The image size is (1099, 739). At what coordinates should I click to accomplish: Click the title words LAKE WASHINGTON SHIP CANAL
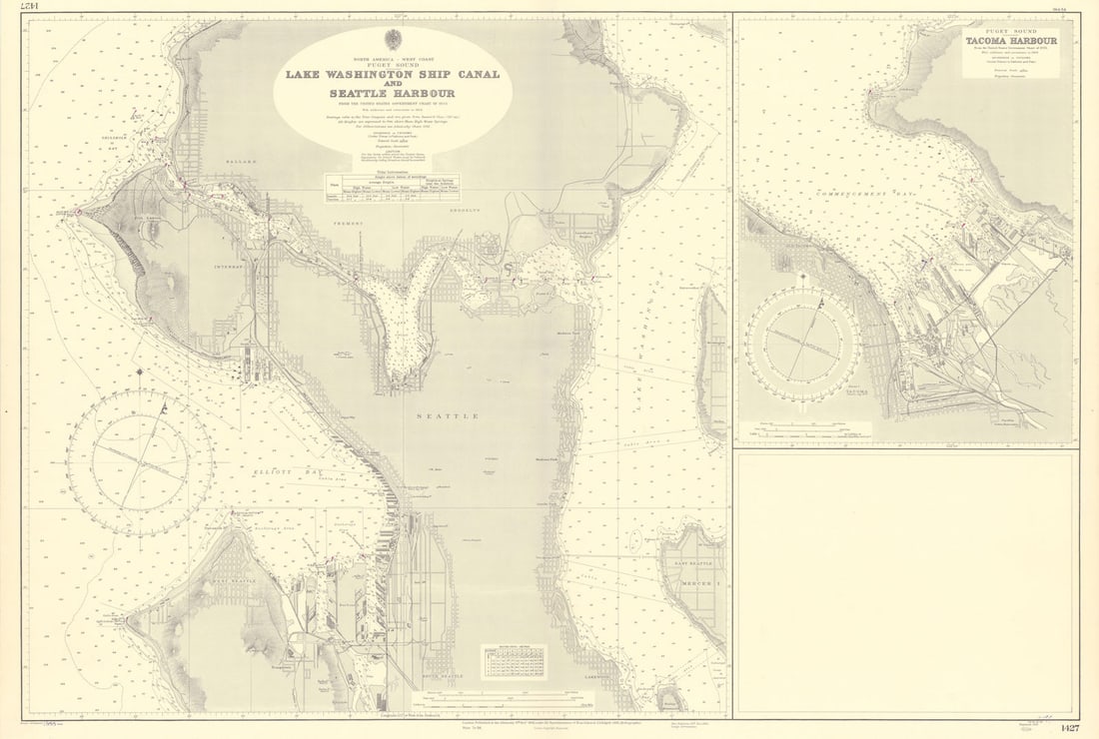392,74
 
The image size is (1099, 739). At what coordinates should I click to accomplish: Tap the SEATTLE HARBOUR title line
392,93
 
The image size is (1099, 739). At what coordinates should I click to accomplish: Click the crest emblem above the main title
393,39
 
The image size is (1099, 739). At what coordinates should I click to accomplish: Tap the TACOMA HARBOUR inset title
1011,41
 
